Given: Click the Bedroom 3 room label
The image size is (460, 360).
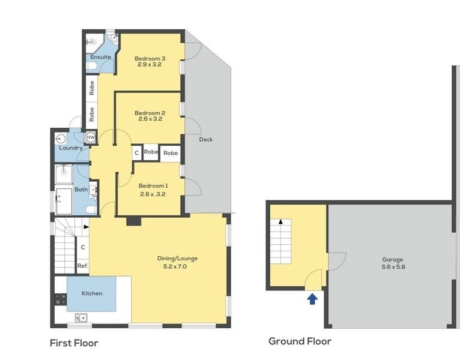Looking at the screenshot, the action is (150, 59).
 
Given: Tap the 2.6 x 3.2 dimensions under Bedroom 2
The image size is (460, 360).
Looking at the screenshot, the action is (150, 119).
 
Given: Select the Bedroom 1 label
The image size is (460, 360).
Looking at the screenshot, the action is (153, 186).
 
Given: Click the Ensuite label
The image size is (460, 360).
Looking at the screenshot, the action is (101, 57).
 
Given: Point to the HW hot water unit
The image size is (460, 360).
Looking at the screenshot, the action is (91, 137).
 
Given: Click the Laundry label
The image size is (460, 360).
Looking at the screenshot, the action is (71, 148).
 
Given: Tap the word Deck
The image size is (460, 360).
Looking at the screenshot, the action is (206, 140).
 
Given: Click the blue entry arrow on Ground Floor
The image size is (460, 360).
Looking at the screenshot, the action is (312, 299).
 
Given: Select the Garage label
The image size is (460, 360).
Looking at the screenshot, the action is (393, 259).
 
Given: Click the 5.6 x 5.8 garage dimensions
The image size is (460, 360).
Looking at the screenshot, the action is (393, 267).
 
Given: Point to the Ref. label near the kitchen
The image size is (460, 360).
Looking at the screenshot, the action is (83, 266).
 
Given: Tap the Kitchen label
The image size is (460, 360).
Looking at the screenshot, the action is (92, 293).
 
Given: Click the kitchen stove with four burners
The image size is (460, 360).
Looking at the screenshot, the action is (61, 299).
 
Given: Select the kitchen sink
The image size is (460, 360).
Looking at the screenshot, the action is (81, 318).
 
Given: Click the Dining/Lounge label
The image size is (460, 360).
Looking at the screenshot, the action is (177, 259).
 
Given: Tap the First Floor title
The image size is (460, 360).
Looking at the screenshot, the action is (74, 343).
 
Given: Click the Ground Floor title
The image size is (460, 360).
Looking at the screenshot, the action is (300, 341).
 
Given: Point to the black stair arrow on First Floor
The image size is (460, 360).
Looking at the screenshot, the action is (86, 227).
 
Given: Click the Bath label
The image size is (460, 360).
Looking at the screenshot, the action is (81, 190).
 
